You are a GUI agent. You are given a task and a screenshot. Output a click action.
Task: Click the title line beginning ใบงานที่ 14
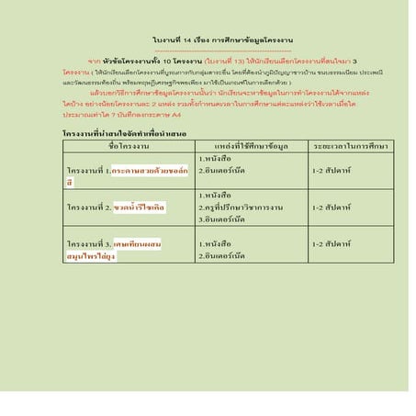click(222, 40)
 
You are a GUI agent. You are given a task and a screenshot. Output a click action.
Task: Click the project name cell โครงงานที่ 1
click(128, 175)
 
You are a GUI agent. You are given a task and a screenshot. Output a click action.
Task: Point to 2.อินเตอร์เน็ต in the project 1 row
click(223, 171)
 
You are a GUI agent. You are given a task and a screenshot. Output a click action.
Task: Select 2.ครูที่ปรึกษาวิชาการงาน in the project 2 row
click(241, 208)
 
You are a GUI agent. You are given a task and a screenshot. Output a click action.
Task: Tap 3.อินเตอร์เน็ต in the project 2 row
click(223, 219)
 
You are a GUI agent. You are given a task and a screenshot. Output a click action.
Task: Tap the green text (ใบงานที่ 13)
click(225, 60)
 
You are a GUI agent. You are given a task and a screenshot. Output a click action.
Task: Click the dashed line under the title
click(222, 50)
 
